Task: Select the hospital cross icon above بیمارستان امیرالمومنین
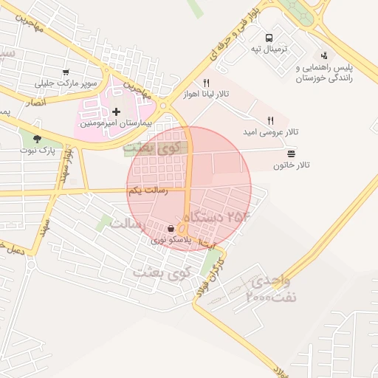click(116, 111)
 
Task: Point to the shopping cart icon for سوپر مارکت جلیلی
click(66, 72)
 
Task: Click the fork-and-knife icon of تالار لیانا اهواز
click(206, 83)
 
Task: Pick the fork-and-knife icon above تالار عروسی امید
click(270, 120)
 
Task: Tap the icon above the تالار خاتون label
click(292, 154)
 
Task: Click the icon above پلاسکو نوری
click(171, 228)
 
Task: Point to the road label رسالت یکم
click(148, 190)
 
